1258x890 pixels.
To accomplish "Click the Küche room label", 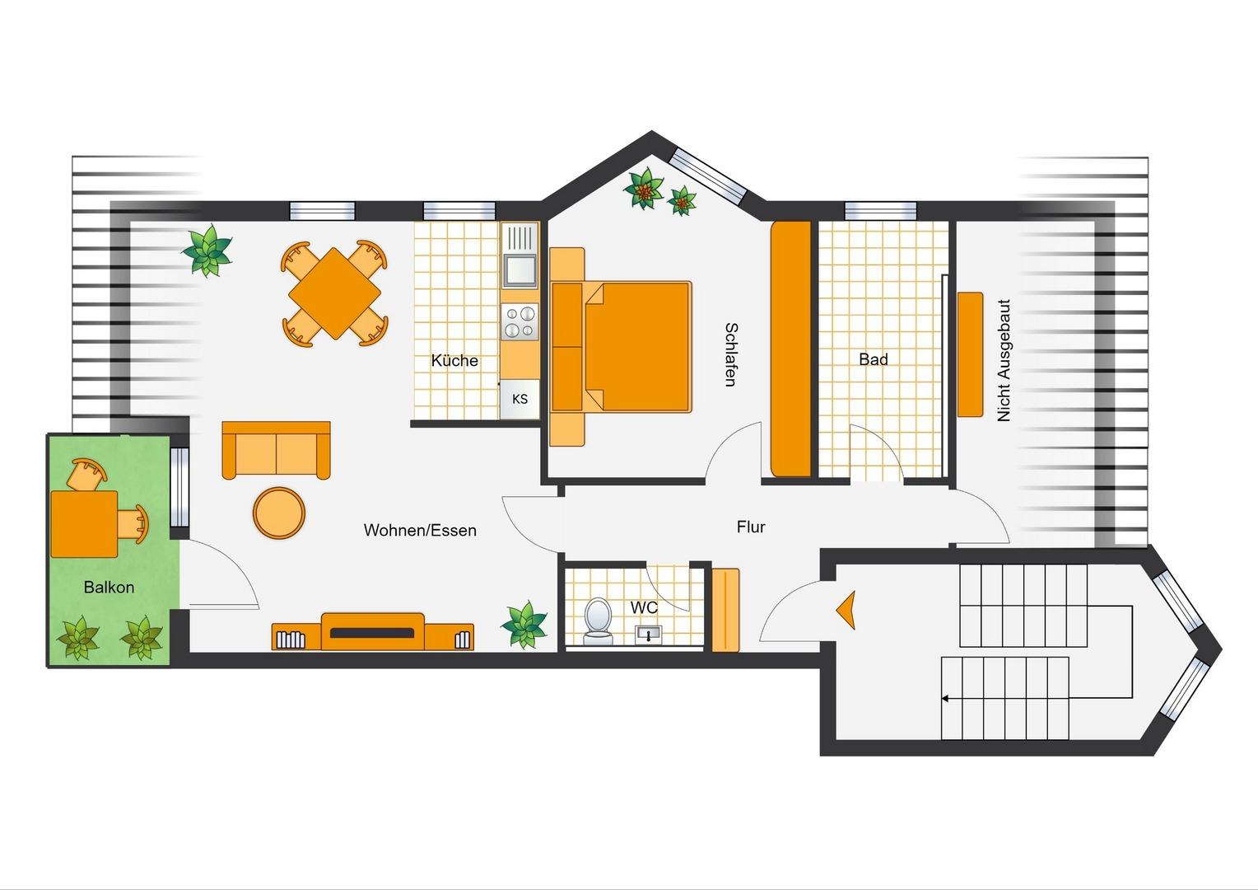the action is click(454, 360).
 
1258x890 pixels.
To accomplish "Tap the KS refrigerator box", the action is click(520, 399).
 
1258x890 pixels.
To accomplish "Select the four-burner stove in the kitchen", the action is click(520, 321).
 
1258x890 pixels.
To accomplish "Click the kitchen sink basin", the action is click(520, 269).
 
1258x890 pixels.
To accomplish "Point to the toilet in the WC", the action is click(597, 621).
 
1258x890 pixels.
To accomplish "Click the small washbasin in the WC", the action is click(648, 634).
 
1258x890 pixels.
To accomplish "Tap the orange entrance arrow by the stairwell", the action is click(846, 610).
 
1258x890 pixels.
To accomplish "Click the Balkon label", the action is click(109, 588).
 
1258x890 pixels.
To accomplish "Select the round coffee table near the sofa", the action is click(279, 513).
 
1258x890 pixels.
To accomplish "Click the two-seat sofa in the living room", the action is click(276, 450).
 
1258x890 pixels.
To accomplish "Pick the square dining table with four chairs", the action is click(335, 293).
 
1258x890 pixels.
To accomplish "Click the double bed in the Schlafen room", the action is click(620, 347).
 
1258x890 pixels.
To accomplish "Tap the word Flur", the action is click(751, 527).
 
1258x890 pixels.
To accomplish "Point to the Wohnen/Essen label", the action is click(420, 530).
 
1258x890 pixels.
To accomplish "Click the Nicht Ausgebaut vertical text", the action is click(1003, 360).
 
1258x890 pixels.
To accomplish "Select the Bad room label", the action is click(874, 359).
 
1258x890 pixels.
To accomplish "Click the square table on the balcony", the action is click(84, 524).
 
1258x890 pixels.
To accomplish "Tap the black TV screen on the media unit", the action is click(372, 633).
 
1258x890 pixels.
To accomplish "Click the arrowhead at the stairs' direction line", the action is click(945, 699).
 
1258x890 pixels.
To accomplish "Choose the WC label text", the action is click(644, 607).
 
